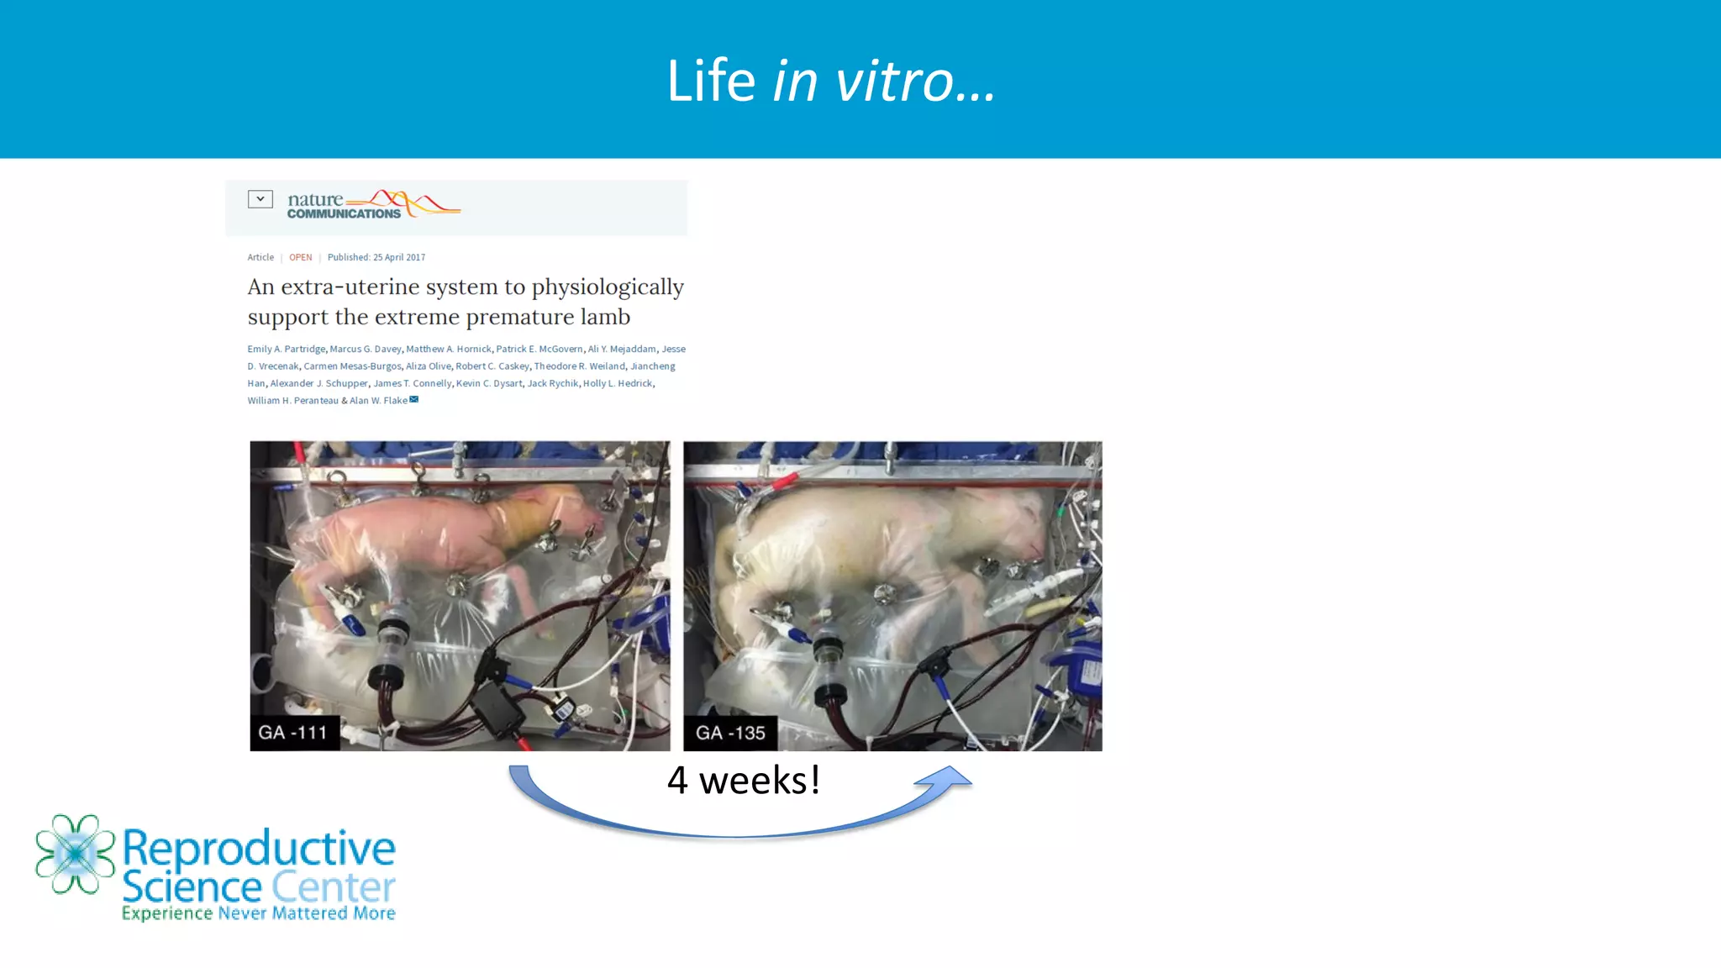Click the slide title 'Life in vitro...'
pyautogui.click(x=831, y=82)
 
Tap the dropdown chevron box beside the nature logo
pyautogui.click(x=261, y=199)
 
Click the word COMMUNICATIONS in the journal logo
pyautogui.click(x=344, y=214)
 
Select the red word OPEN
pyautogui.click(x=300, y=257)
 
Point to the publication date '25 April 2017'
pyautogui.click(x=399, y=257)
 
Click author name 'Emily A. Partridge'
pyautogui.click(x=286, y=350)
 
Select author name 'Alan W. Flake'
pyautogui.click(x=378, y=401)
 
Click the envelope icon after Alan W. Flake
pyautogui.click(x=413, y=400)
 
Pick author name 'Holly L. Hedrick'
pyautogui.click(x=618, y=384)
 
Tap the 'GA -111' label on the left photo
pyautogui.click(x=292, y=733)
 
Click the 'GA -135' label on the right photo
pyautogui.click(x=730, y=733)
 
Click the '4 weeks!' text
pyautogui.click(x=743, y=781)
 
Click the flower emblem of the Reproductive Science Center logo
pyautogui.click(x=75, y=854)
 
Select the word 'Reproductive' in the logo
pyautogui.click(x=259, y=848)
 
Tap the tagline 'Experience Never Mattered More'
pyautogui.click(x=258, y=913)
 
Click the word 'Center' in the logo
pyautogui.click(x=333, y=887)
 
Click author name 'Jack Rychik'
pyautogui.click(x=552, y=384)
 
